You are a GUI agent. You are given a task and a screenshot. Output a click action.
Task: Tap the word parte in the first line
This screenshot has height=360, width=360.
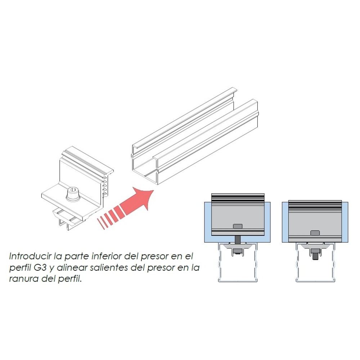(76, 256)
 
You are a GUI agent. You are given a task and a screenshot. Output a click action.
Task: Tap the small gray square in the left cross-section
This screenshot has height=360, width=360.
(238, 226)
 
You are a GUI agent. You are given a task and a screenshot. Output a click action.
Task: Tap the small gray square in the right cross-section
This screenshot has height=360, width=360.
(315, 233)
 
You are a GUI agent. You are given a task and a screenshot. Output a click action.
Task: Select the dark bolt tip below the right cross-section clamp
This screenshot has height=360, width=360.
(315, 256)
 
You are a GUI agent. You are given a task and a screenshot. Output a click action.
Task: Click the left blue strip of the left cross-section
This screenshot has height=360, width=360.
(208, 222)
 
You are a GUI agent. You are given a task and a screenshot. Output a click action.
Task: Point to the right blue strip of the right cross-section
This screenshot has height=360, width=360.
(345, 222)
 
